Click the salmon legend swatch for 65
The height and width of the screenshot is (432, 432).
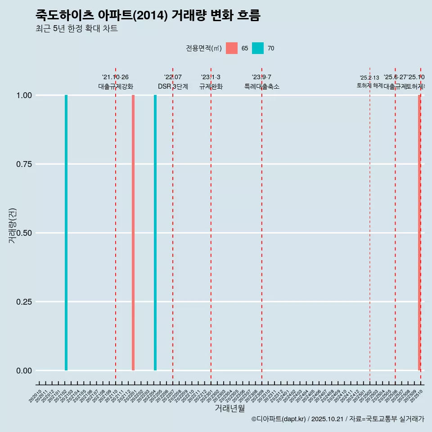[x=232, y=48]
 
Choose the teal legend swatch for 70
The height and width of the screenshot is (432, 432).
[x=258, y=48]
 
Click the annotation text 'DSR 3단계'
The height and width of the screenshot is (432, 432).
[x=173, y=86]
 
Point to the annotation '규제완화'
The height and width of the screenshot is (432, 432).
[x=211, y=86]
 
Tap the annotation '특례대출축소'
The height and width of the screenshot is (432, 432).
[x=262, y=86]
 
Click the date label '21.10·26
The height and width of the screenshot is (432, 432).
[x=116, y=77]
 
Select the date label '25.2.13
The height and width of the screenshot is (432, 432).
[x=369, y=78]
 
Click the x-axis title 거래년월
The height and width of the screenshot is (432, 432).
[x=230, y=408]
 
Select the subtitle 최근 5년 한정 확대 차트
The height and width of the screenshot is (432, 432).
[x=76, y=29]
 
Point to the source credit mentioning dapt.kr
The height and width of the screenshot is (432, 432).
[x=337, y=419]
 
